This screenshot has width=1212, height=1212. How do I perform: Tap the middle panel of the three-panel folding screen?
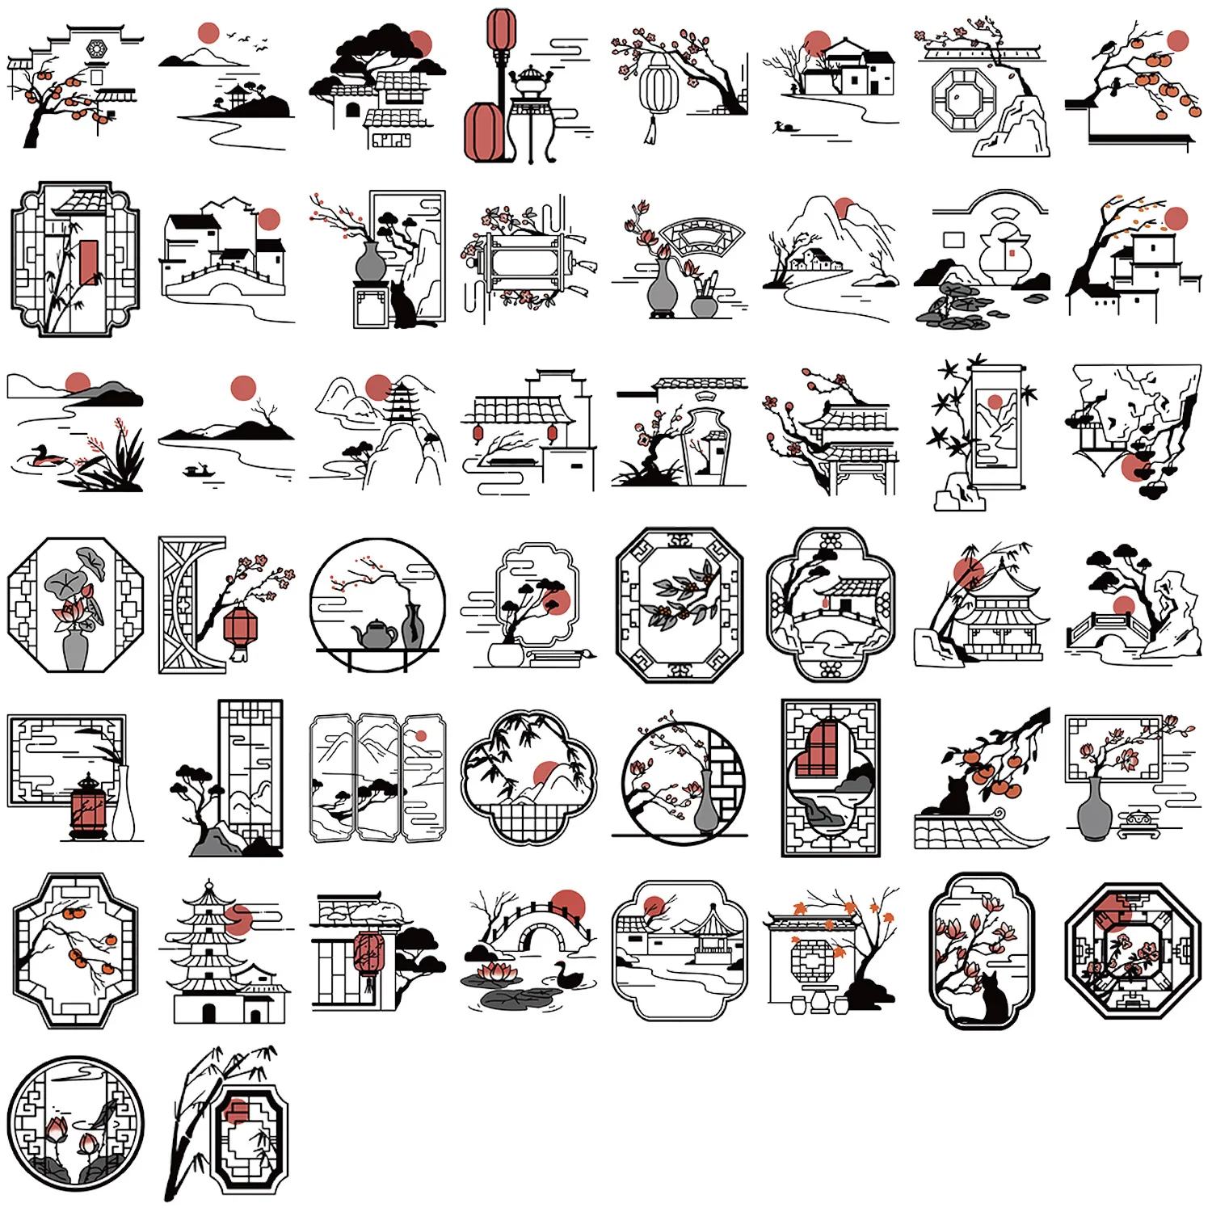point(378,777)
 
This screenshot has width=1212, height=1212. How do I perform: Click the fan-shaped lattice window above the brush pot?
point(700,238)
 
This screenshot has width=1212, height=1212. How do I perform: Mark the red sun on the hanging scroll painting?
point(995,402)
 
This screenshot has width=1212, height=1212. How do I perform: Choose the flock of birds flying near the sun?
point(247,40)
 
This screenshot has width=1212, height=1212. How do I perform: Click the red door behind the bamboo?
point(88,262)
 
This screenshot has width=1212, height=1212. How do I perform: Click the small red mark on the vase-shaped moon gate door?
point(1011,253)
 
